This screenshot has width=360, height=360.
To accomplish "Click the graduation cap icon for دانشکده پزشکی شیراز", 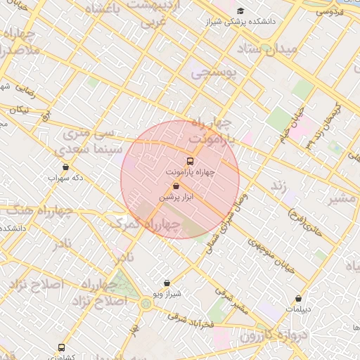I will click(x=241, y=11).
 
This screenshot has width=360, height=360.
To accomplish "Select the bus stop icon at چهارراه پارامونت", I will click(x=189, y=160).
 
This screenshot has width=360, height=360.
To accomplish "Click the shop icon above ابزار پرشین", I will click(x=175, y=186).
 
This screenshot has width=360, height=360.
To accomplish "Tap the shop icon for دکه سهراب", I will click(x=65, y=167).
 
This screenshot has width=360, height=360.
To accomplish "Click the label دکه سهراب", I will click(x=65, y=178).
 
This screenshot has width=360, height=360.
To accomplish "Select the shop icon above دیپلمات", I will click(x=299, y=297).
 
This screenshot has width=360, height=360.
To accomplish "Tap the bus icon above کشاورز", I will click(x=61, y=347).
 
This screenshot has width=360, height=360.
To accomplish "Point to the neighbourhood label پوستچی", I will click(x=216, y=72).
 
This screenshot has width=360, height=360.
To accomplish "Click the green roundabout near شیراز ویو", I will click(x=146, y=304).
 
